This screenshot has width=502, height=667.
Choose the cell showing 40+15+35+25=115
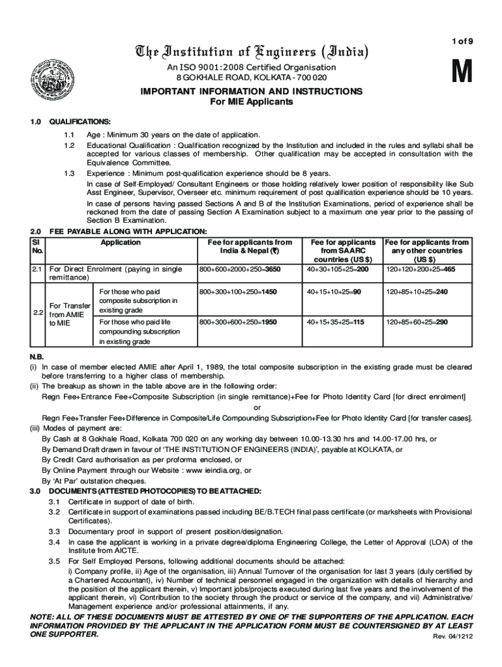[336, 322]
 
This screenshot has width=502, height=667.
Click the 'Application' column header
[121, 242]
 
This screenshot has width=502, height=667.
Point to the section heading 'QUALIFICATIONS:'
[80, 122]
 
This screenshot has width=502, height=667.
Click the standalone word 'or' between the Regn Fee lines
[257, 407]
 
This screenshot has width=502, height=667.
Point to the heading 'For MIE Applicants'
[251, 102]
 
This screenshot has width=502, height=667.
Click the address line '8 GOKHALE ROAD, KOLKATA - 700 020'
[251, 78]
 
